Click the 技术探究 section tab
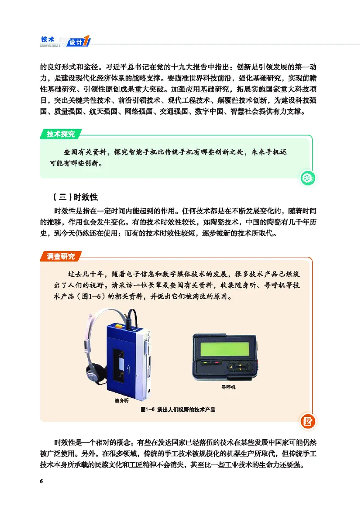click(61, 134)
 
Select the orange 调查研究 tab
click(61, 257)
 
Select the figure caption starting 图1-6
click(178, 410)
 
